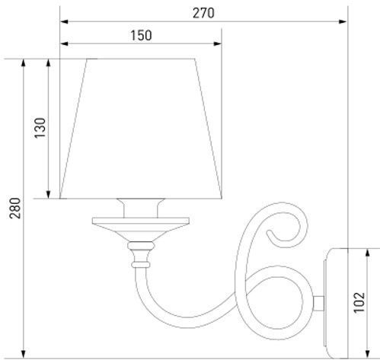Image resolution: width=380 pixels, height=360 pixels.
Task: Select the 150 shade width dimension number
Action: (140, 35)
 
